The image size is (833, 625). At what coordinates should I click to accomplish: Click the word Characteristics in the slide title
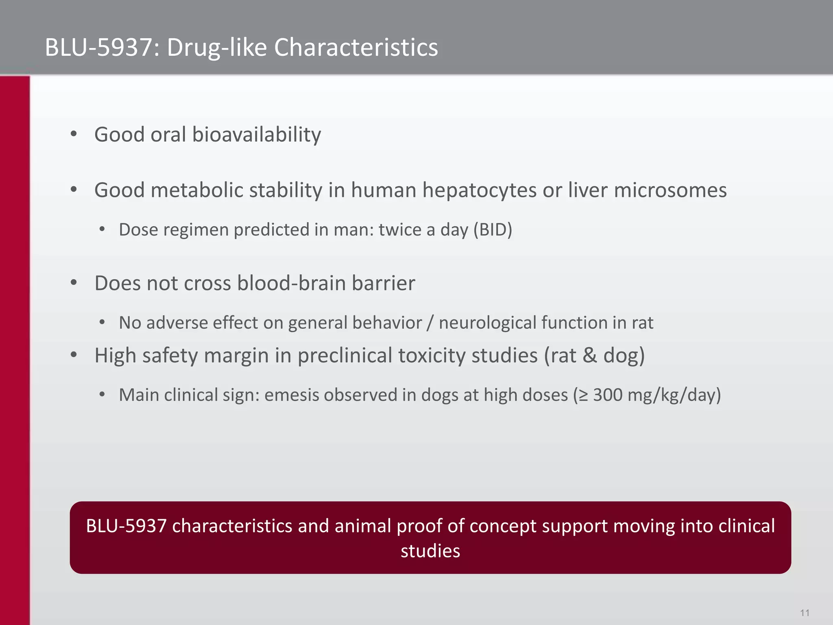pyautogui.click(x=356, y=47)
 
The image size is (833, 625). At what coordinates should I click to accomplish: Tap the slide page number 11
pyautogui.click(x=805, y=613)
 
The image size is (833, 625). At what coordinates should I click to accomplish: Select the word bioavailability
pyautogui.click(x=256, y=135)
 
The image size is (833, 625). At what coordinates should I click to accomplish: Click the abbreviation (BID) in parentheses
pyautogui.click(x=493, y=230)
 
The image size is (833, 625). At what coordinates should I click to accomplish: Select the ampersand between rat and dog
pyautogui.click(x=589, y=356)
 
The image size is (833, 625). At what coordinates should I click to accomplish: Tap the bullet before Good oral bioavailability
pyautogui.click(x=74, y=134)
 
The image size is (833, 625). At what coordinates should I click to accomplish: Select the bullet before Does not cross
pyautogui.click(x=74, y=283)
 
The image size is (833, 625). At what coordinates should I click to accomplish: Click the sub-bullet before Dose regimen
pyautogui.click(x=102, y=230)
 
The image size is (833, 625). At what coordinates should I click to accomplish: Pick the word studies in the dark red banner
pyautogui.click(x=430, y=551)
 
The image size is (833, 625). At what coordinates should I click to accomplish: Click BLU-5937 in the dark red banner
pyautogui.click(x=126, y=526)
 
